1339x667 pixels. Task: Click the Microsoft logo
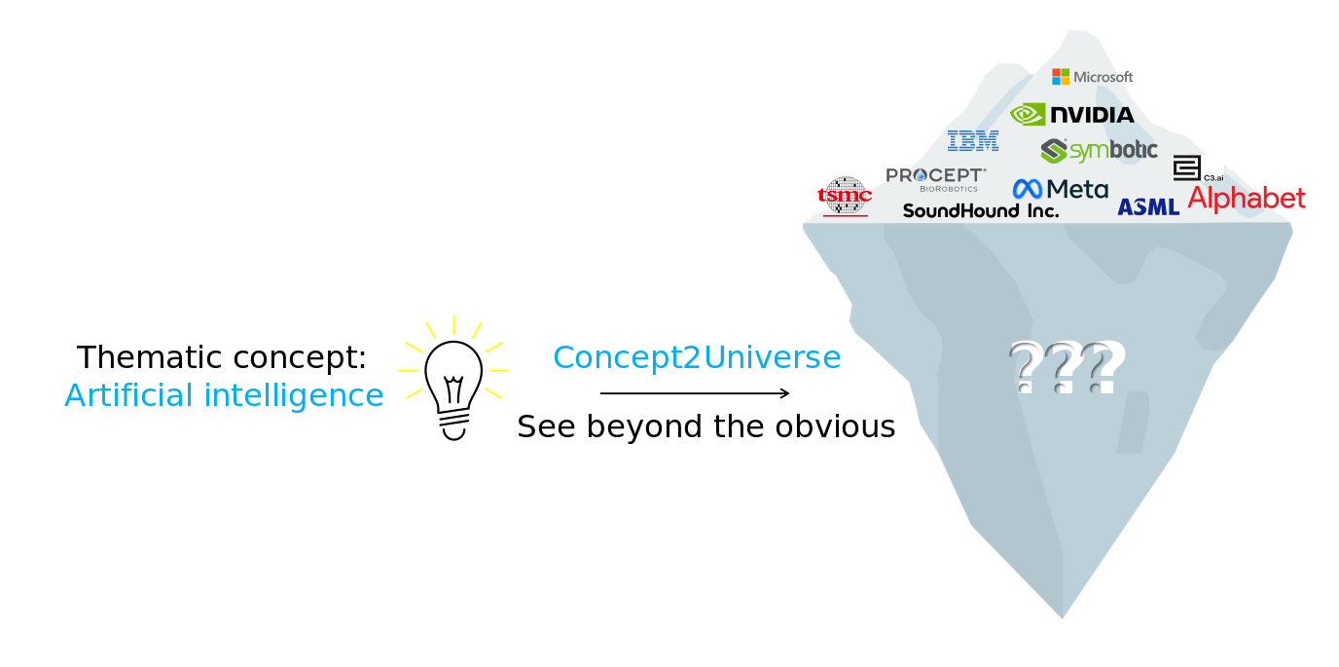pos(1092,76)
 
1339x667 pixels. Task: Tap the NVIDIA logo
pos(1071,115)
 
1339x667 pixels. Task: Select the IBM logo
pos(973,141)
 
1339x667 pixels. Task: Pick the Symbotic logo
pos(1099,150)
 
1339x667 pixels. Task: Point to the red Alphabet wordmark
pos(1247,199)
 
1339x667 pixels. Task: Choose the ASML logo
pos(1148,206)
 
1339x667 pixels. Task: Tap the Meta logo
pos(1060,189)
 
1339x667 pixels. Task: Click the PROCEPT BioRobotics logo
pos(934,178)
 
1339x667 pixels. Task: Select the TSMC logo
pos(845,196)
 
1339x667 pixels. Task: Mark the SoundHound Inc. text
pos(980,210)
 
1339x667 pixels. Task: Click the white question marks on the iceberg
pos(1067,367)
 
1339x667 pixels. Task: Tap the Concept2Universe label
pos(697,357)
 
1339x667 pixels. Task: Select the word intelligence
pos(294,395)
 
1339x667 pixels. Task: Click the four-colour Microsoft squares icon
pos(1060,76)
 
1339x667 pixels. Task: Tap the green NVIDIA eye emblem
pos(1028,115)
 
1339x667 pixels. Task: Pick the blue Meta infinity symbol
pos(1027,189)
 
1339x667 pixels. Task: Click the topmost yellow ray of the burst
pos(453,324)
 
